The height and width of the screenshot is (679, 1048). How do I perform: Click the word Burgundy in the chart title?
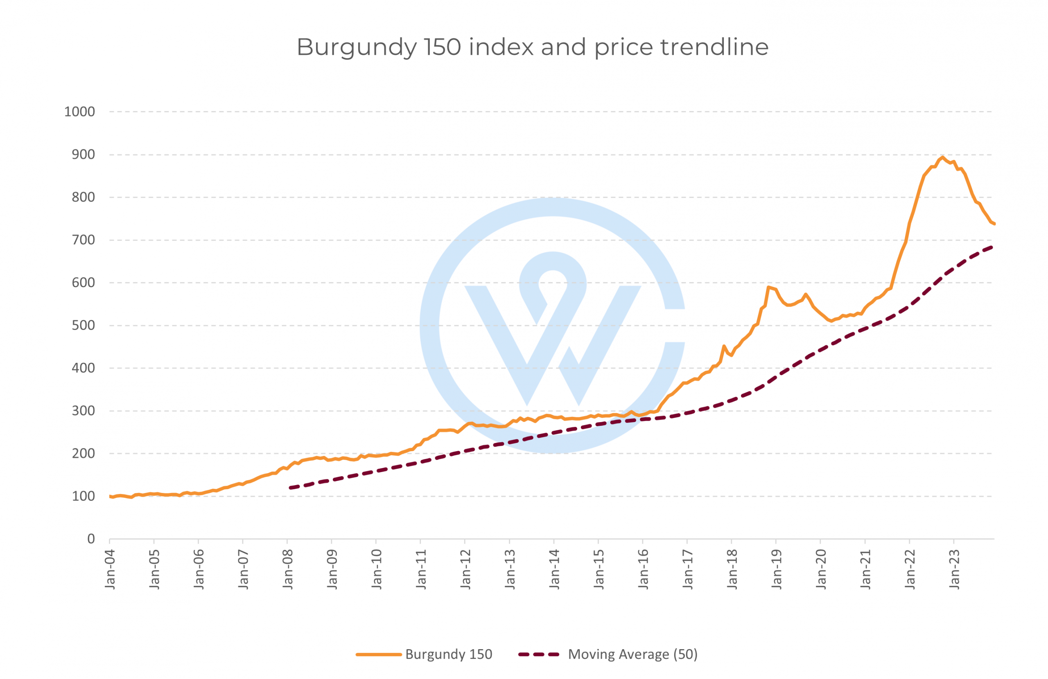coord(356,47)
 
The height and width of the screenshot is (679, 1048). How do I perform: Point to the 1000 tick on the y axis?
coord(79,112)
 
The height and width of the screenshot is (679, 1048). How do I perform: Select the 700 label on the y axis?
coord(83,240)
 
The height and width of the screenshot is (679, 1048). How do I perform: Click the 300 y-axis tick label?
coord(83,411)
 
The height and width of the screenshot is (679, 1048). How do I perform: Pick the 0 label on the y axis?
coord(91,539)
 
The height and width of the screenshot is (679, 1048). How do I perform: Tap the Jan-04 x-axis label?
coord(110,569)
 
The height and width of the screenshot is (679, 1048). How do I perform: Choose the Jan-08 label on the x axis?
coord(287,569)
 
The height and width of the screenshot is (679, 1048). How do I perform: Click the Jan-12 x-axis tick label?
coord(465,569)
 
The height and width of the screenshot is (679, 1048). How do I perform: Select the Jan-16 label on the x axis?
coord(643,569)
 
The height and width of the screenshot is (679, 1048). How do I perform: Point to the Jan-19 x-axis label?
coord(776,569)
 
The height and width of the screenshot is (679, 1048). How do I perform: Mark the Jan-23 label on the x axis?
coord(954,569)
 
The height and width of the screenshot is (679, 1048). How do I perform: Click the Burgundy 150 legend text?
coord(448,654)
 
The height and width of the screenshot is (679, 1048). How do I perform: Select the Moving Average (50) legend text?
coord(633,654)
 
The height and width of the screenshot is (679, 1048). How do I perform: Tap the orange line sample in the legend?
coord(378,654)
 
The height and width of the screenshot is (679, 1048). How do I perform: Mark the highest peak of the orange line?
coord(942,157)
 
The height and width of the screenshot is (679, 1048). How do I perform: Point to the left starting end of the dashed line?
coord(291,488)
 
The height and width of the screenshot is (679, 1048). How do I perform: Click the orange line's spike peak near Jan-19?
coord(768,288)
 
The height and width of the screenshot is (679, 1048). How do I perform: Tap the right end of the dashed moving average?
coord(992,247)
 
